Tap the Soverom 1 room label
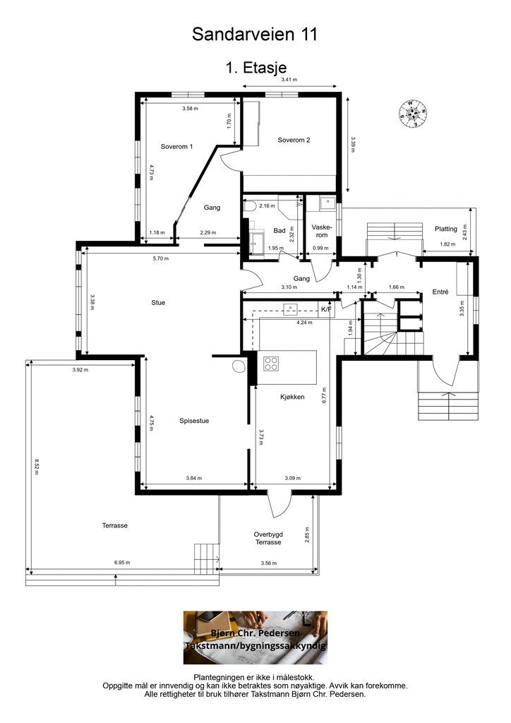[x=176, y=147]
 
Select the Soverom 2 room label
[x=294, y=140]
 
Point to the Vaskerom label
[x=322, y=231]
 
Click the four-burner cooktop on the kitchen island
[x=271, y=364]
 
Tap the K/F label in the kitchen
[x=326, y=309]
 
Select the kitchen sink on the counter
[x=291, y=308]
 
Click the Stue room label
[x=158, y=302]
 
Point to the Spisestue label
[x=194, y=421]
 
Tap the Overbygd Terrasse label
[x=268, y=538]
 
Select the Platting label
[x=445, y=229]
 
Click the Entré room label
[x=440, y=292]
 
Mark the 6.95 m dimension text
[x=122, y=562]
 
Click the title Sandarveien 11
[x=255, y=35]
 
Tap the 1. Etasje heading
[x=255, y=68]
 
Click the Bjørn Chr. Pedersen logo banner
[x=255, y=638]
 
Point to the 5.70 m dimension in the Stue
[x=161, y=258]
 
